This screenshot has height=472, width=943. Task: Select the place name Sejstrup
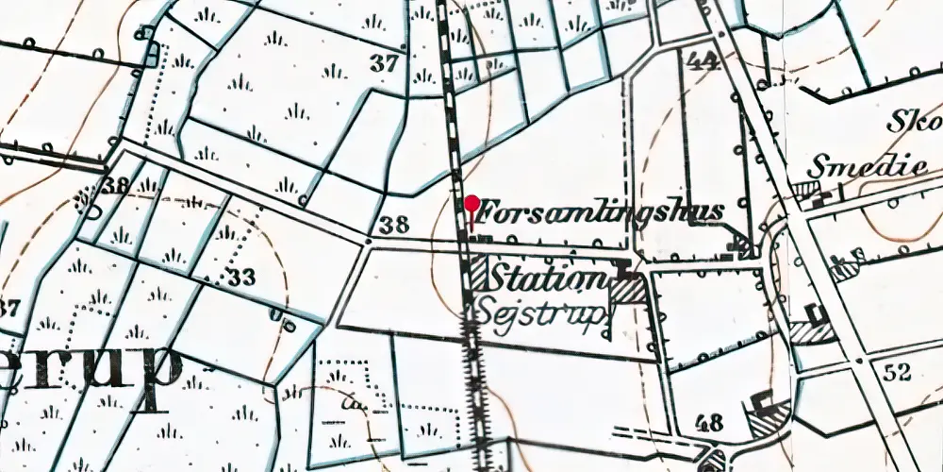[538, 311]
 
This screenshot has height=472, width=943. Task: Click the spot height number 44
[703, 62]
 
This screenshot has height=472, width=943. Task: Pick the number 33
[242, 278]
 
